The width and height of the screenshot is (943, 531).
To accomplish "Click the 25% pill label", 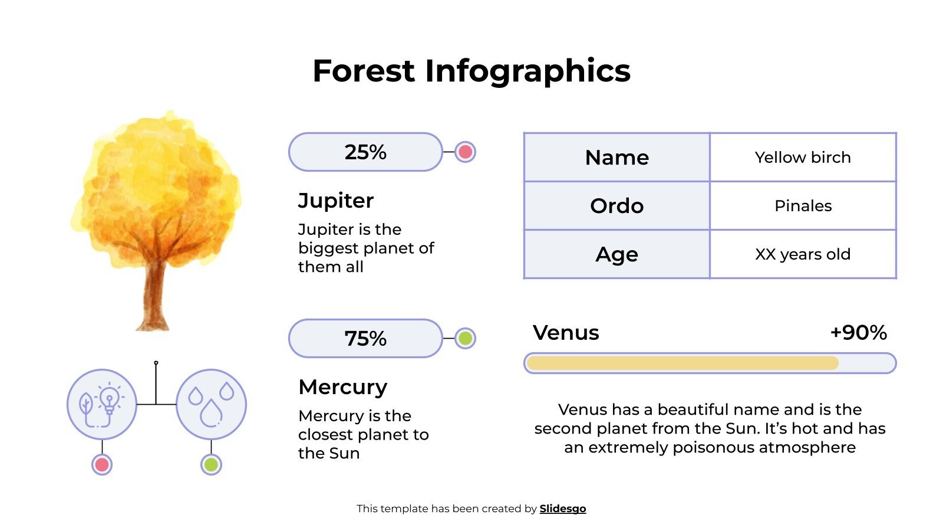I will click(365, 152).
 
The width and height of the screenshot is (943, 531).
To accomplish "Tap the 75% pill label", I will click(365, 339).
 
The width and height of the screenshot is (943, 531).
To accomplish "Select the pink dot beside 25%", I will click(465, 152).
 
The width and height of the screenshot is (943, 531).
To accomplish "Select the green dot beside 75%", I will click(465, 339).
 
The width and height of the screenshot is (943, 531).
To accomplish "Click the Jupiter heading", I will click(335, 201).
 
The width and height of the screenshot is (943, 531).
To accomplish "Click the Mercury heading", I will click(342, 387).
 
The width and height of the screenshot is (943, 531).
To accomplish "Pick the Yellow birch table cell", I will click(803, 158).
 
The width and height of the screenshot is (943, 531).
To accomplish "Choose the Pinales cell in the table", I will click(803, 206).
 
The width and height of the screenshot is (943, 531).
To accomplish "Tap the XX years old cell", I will click(803, 254).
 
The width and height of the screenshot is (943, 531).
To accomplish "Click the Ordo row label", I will click(616, 206).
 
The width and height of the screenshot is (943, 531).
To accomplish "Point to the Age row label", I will click(616, 254).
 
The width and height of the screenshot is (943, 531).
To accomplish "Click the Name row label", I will click(616, 158).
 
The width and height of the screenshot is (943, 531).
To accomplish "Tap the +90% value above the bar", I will click(858, 333).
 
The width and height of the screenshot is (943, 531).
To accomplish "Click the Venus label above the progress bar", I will click(566, 333).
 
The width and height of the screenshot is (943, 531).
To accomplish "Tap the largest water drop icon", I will click(211, 412).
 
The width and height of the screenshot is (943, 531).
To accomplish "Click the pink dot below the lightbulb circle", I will click(102, 465).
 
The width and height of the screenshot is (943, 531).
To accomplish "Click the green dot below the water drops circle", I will click(211, 465).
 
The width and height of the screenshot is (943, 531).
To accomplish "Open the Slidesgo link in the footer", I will click(562, 509).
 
